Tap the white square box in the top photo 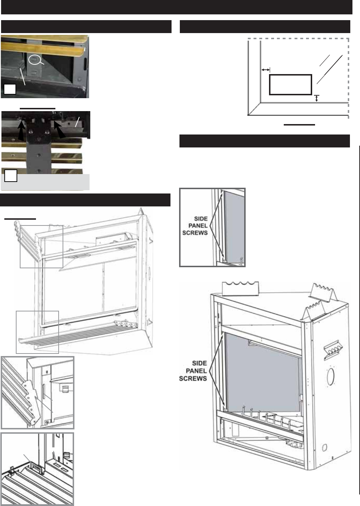point(10,89)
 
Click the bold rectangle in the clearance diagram point(290,85)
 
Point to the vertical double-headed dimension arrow point(316,98)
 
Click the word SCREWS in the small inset point(199,233)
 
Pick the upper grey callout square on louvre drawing point(41,246)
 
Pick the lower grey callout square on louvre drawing point(37,332)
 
